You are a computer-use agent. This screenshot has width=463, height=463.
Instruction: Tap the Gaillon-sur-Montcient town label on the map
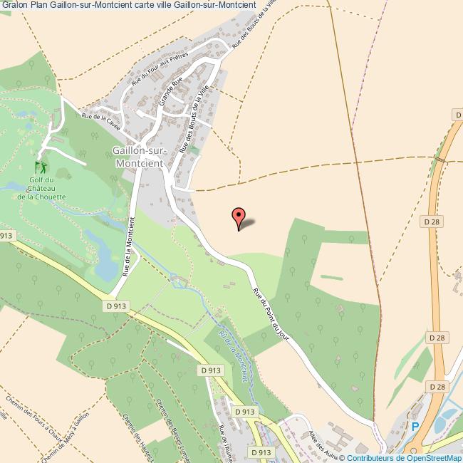pos(139,156)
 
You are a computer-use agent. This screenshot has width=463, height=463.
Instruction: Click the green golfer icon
pos(41,167)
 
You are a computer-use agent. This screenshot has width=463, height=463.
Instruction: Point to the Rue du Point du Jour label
pos(272,313)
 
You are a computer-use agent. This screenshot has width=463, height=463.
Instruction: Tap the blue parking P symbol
pos(415,427)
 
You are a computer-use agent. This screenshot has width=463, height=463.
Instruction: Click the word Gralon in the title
pos(14,6)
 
